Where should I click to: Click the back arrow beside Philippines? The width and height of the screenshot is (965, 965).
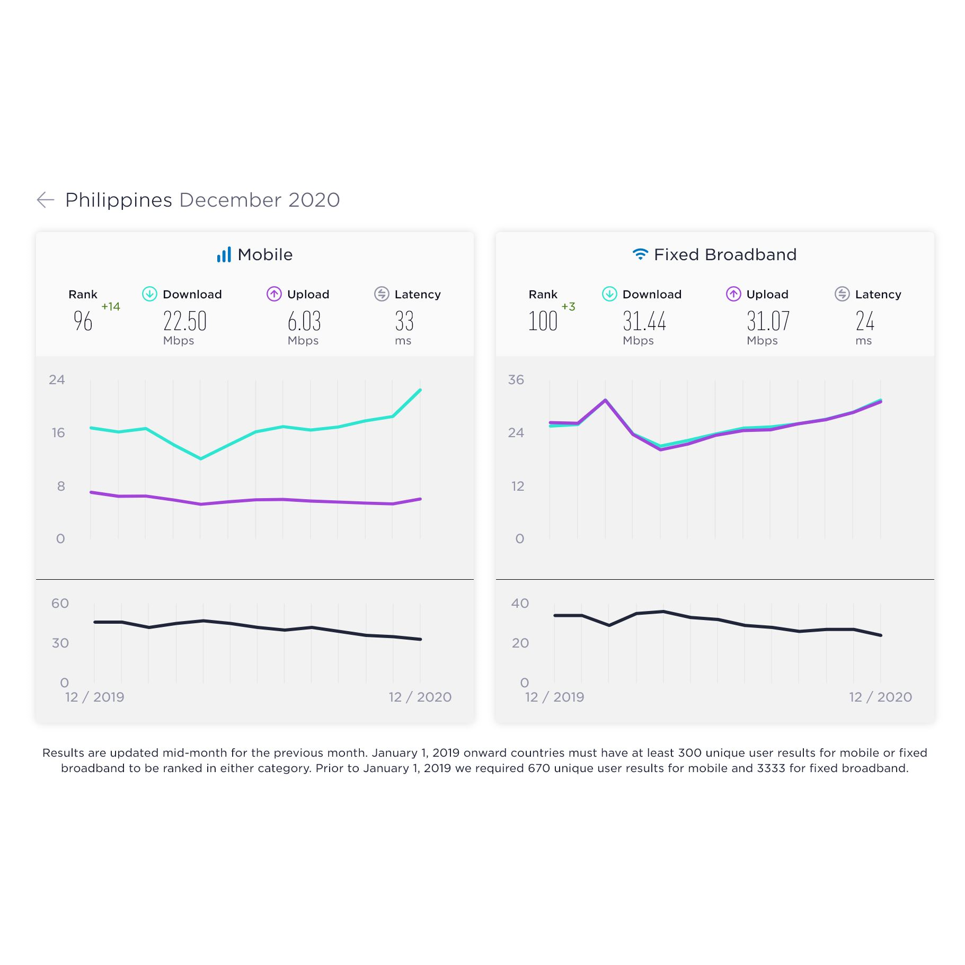coord(46,200)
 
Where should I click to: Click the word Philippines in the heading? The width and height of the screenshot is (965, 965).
coord(119,200)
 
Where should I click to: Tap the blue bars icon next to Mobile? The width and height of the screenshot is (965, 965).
coord(224,255)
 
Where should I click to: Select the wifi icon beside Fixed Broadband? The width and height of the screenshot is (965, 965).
coord(640,254)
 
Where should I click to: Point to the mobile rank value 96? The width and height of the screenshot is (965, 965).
coord(83,321)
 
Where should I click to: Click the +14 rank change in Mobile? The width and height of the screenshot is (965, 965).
coord(111,306)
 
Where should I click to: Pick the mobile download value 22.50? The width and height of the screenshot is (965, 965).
coord(184,321)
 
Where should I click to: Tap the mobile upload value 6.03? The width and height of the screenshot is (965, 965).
coord(304,321)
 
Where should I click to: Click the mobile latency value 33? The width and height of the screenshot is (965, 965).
coord(404,321)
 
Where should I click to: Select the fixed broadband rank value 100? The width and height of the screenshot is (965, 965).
coord(543,321)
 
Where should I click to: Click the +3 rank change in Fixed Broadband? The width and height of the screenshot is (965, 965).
coord(568,306)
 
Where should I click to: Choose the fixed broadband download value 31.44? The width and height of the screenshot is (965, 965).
coord(644,321)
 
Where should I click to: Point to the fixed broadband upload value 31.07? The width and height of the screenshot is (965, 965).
coord(768,321)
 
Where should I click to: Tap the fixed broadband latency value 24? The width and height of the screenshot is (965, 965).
coord(864,321)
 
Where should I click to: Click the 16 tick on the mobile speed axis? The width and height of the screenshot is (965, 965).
coord(58,433)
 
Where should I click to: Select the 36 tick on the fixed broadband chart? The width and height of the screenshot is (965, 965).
coord(516,379)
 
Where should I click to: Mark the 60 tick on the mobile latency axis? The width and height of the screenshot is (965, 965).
coord(60,603)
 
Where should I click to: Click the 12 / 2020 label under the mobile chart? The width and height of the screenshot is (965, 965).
coord(420,697)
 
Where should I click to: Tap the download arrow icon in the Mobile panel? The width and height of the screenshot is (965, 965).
coord(149,294)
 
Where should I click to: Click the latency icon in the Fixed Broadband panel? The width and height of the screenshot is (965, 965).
coord(842,294)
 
